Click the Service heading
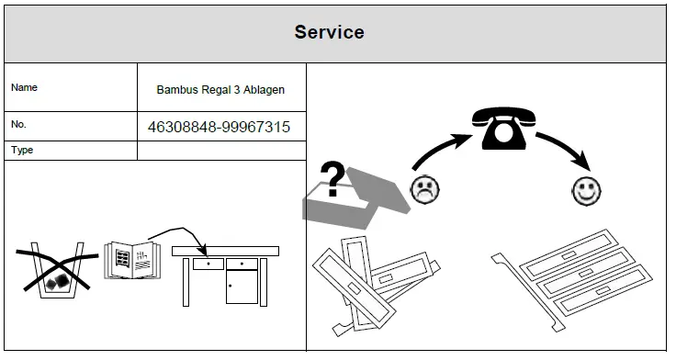click(x=329, y=32)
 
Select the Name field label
click(x=24, y=88)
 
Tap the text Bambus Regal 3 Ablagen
click(x=220, y=89)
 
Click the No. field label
click(x=20, y=124)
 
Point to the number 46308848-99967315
click(x=219, y=127)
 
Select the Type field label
click(x=22, y=150)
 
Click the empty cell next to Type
click(x=220, y=151)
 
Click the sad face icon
click(x=423, y=191)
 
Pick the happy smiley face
click(x=585, y=191)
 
